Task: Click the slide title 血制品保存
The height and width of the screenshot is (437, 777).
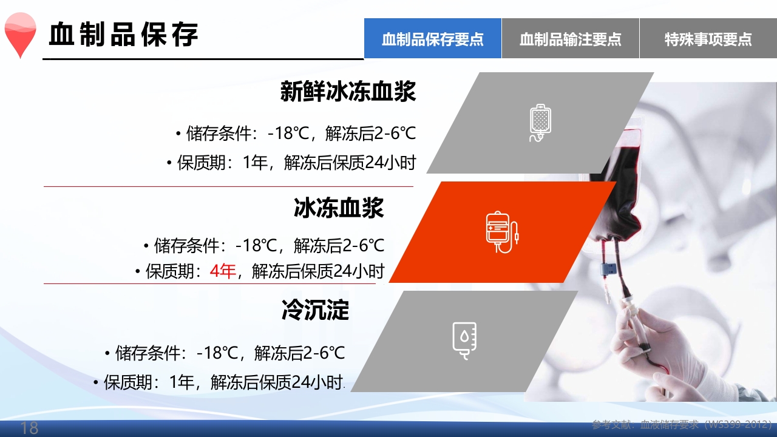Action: [x=124, y=35]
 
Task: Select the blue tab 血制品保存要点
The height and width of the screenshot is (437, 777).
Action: [x=433, y=39]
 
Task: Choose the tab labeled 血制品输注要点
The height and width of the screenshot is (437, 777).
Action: [x=571, y=39]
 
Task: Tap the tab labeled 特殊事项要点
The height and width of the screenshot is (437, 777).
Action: [x=708, y=39]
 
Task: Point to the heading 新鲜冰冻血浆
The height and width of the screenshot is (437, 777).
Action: [x=348, y=92]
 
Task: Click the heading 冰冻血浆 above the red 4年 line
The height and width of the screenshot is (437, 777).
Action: [x=339, y=208]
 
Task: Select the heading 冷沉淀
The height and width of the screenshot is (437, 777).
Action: [x=315, y=310]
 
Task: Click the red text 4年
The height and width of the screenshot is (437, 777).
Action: [x=222, y=271]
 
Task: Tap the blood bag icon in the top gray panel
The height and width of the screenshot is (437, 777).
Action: [x=540, y=123]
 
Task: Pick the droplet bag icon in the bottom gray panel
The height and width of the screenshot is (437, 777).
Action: [x=464, y=340]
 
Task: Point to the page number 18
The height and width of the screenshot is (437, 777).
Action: [x=29, y=428]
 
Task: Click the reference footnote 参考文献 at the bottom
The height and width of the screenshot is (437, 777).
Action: [x=681, y=424]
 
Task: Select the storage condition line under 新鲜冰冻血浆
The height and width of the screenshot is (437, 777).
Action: [x=296, y=134]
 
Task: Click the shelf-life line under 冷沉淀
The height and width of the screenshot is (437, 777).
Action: [x=220, y=382]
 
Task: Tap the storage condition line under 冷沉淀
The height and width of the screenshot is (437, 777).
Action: [x=224, y=352]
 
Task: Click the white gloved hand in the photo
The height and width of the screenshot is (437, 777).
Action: [x=662, y=340]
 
